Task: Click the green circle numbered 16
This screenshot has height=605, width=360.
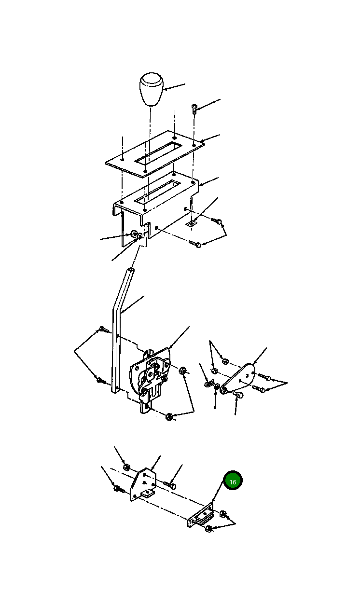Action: tap(233, 480)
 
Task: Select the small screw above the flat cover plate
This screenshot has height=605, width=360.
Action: tap(194, 109)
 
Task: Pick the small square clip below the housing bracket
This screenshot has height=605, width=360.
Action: tap(192, 223)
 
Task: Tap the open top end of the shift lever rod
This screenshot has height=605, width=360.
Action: tap(131, 270)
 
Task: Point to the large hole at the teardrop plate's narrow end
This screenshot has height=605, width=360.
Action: tap(224, 390)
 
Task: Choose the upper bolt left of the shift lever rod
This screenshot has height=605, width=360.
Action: tap(103, 329)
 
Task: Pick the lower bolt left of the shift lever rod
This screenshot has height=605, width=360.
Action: tap(101, 380)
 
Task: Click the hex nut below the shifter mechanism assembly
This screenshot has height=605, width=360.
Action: tap(169, 416)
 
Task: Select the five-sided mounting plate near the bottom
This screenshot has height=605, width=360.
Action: tap(143, 484)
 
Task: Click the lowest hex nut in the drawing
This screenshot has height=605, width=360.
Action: tap(209, 529)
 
